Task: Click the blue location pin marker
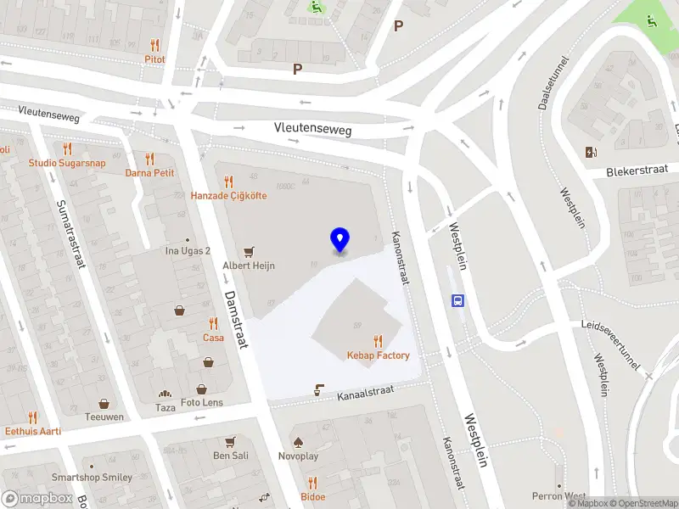tap(340, 240)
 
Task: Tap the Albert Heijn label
tap(249, 266)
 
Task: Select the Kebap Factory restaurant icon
tap(378, 341)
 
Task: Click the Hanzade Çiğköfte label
tap(228, 196)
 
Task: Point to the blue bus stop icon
tap(458, 299)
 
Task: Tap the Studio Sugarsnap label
tap(67, 163)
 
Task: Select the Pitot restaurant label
tap(154, 59)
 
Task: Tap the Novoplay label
tap(298, 456)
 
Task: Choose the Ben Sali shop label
tap(230, 456)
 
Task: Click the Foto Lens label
tap(202, 402)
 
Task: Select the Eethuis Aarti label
tap(33, 431)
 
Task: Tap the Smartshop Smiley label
tap(93, 478)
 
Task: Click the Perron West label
tap(559, 495)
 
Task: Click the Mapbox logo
tap(36, 499)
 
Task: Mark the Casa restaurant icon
tap(213, 323)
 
